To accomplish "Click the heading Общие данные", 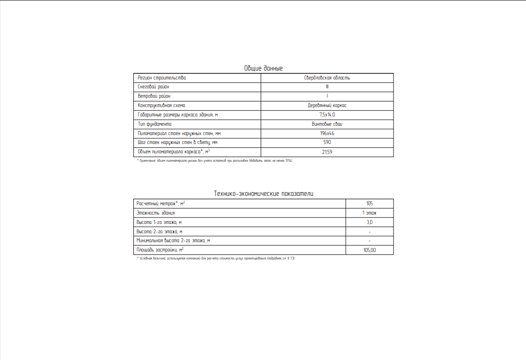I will tap(263, 68).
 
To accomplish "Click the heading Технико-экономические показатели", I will tap(263, 194).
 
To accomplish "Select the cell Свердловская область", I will tap(327, 78).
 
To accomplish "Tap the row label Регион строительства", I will tap(161, 78).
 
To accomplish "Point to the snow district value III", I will tap(327, 87).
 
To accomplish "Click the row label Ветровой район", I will tap(154, 96).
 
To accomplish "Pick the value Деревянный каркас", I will tap(327, 106).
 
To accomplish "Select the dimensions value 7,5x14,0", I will tap(327, 115).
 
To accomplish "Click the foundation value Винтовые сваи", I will tap(327, 124).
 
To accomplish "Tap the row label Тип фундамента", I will tap(155, 124).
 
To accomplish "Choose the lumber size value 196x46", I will tap(327, 134).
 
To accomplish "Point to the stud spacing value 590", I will tap(327, 143).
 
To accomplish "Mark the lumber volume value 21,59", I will tap(327, 152).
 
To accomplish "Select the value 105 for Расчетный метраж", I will tap(370, 203).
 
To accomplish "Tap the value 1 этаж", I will tap(370, 213).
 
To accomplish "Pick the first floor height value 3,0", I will tap(370, 222).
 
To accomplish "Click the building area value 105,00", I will tap(370, 250).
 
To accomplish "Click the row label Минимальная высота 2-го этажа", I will tap(173, 241).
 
